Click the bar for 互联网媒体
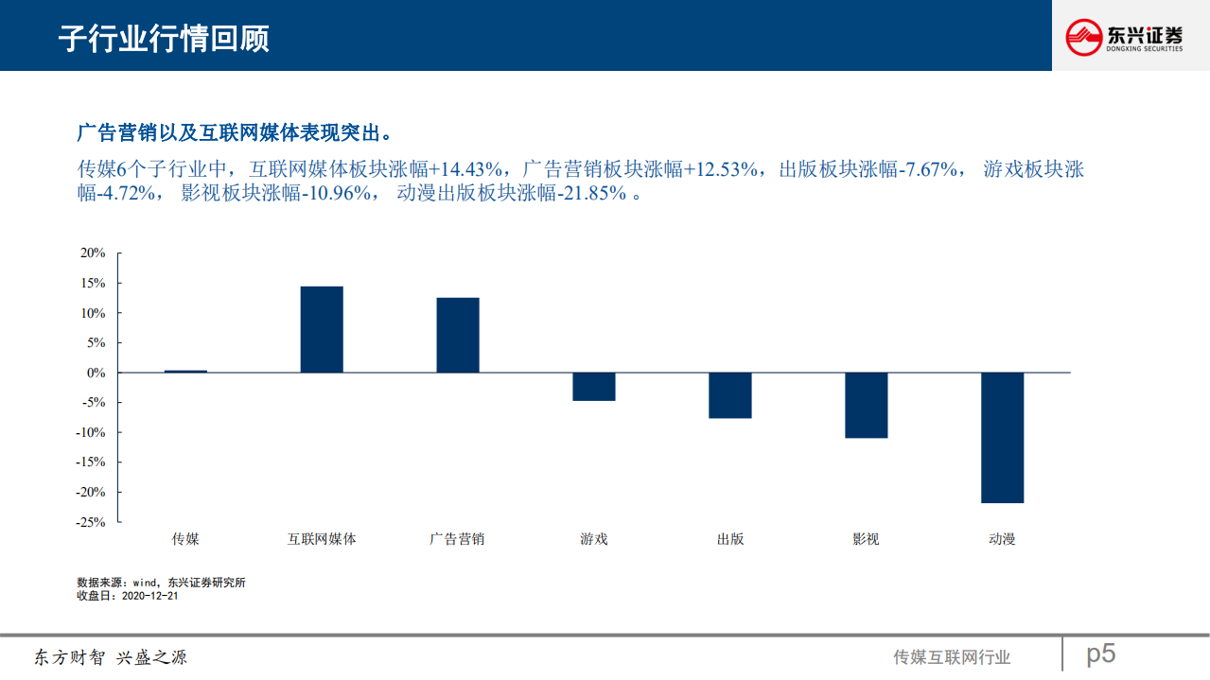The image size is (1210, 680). pos(322,329)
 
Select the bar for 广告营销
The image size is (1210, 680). pos(458,335)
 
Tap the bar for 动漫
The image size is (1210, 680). pos(1002,437)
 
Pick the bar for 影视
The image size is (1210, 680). pos(866,405)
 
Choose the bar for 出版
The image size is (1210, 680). pos(729,395)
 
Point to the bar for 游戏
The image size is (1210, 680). pos(594,386)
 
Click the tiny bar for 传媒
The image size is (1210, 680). pos(185,371)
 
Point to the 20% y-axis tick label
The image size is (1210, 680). pos(92,253)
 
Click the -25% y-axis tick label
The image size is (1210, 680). pos(90,522)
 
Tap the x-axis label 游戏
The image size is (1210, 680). pos(594,539)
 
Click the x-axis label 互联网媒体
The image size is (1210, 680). pos(322,539)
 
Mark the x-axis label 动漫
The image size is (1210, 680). pos(1002,539)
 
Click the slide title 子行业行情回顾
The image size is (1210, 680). pos(163,38)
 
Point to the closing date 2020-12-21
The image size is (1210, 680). pos(150,596)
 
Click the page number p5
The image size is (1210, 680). pos(1100,654)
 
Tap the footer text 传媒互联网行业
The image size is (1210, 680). pos(952,657)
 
